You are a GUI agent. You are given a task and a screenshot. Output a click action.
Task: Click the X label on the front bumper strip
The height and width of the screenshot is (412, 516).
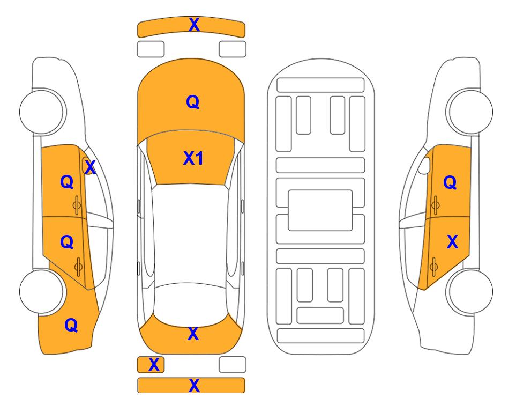coord(194,25)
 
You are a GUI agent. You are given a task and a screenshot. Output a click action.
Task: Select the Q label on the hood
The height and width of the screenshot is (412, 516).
coord(193,102)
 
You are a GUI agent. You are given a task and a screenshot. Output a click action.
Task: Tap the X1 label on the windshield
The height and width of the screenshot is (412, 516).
coord(193,158)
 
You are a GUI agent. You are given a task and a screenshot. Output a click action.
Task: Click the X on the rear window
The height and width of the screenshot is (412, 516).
coord(193,334)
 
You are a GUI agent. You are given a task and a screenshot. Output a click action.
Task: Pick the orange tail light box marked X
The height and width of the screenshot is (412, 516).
coord(151,365)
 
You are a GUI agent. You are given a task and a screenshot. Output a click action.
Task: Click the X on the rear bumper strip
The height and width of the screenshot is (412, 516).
coord(194,385)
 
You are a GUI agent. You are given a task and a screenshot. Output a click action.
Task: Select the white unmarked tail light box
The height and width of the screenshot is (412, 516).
coord(233,365)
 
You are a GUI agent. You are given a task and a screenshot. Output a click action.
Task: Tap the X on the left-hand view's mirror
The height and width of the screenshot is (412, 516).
coord(90,167)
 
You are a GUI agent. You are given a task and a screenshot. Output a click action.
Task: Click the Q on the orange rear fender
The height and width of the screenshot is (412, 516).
coord(71,325)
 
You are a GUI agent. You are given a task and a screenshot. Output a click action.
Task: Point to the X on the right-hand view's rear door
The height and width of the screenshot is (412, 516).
coord(452,242)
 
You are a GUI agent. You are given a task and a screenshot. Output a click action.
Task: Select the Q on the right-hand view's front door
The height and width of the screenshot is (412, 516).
coord(450,182)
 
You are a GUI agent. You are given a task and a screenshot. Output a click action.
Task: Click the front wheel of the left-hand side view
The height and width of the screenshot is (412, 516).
coord(42,112)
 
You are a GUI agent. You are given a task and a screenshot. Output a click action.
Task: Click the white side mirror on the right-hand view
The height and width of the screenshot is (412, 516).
coord(424,165)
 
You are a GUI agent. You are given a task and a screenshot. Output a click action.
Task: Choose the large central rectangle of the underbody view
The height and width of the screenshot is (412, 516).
coord(320,210)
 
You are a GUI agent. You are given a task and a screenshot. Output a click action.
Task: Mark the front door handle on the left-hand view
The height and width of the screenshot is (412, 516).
coord(77,205)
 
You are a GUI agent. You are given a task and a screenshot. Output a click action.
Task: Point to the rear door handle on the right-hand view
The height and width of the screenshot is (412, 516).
coord(433,267)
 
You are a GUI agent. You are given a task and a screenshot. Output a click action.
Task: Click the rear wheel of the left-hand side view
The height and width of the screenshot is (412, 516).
coord(42,291)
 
